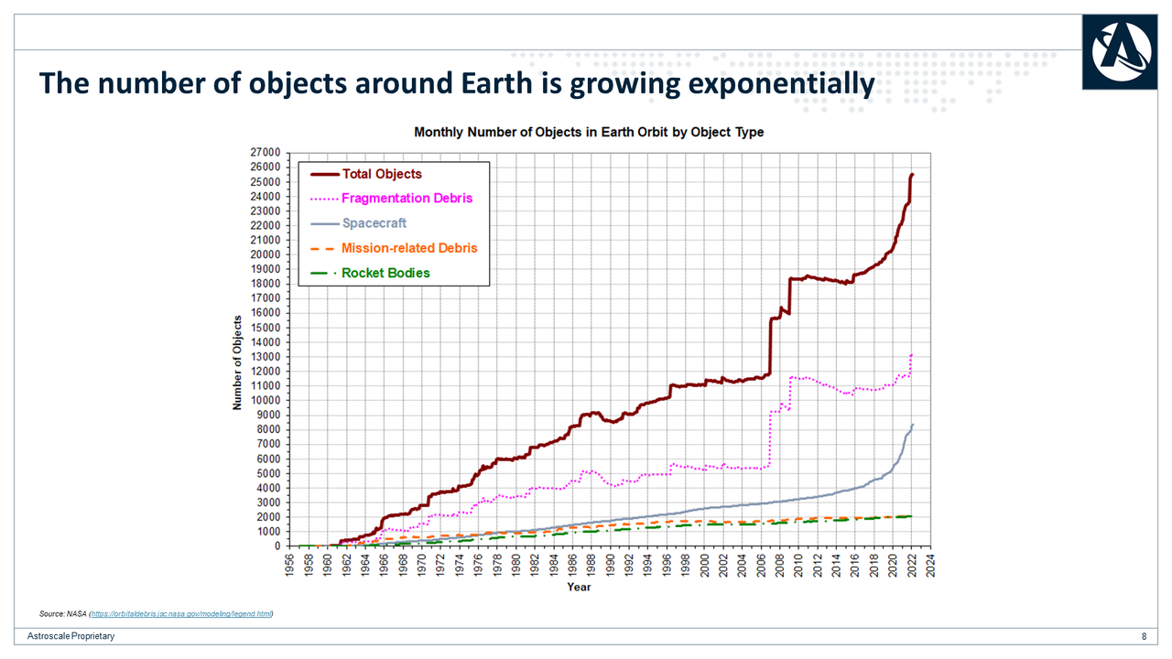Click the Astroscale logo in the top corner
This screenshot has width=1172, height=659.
1118,53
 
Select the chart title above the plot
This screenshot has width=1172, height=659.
589,132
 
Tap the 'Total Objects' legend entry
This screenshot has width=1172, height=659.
381,174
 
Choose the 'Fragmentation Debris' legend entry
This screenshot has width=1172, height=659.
407,198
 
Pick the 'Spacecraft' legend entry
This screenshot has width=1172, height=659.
374,222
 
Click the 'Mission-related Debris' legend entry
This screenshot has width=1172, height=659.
408,248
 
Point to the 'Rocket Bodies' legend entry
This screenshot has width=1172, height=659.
385,273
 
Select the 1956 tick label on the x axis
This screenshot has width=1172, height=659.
289,564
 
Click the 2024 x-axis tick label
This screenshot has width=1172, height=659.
931,564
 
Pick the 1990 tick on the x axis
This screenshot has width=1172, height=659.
611,564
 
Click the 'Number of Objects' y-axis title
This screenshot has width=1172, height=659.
237,362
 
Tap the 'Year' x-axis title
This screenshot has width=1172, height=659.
579,587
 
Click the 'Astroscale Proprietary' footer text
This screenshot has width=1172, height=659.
71,637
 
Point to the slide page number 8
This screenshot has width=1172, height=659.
1144,637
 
